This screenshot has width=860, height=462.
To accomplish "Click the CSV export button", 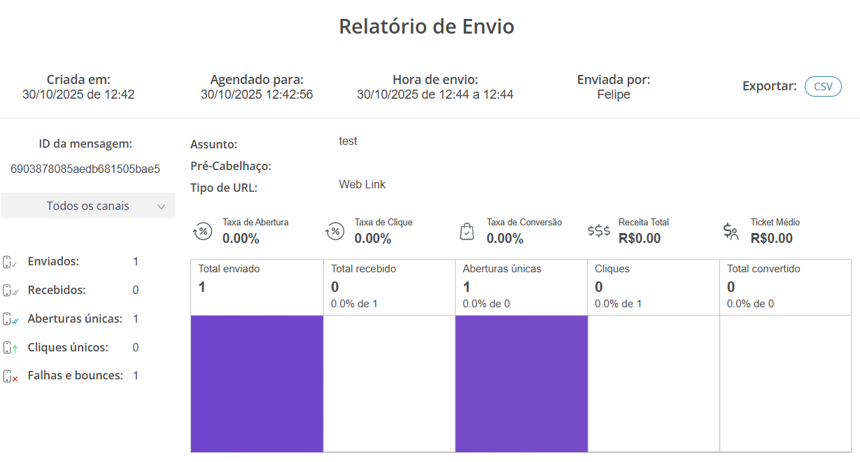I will (823, 86).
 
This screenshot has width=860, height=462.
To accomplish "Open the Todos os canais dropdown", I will (88, 206).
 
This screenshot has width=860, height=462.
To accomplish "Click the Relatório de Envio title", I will (426, 27).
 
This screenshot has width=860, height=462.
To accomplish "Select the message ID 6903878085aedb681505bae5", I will (86, 169).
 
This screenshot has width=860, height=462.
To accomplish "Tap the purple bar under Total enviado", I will (257, 383).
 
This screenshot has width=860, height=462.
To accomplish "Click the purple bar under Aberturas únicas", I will (521, 383).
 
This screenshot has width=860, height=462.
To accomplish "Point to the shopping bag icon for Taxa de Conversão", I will (467, 231).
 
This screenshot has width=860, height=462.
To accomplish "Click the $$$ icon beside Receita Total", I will (598, 231).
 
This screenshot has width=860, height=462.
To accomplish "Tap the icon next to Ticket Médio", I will (731, 231).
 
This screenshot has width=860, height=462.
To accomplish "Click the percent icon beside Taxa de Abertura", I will (202, 231).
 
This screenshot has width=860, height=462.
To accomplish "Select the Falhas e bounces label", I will (75, 375).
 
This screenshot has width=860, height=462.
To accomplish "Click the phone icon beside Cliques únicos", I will (10, 347).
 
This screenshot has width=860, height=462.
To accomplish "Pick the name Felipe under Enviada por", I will (614, 94).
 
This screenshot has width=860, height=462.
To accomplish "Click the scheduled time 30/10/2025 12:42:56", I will (257, 94).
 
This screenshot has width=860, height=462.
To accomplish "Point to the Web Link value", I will (362, 185).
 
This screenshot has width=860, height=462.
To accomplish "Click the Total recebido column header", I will (364, 269).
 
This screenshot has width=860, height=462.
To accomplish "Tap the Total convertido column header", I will (763, 269).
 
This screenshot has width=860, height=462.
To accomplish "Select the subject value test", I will (348, 141).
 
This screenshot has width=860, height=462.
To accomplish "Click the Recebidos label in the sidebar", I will (57, 290).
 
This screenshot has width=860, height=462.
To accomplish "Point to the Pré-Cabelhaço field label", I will (231, 167).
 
